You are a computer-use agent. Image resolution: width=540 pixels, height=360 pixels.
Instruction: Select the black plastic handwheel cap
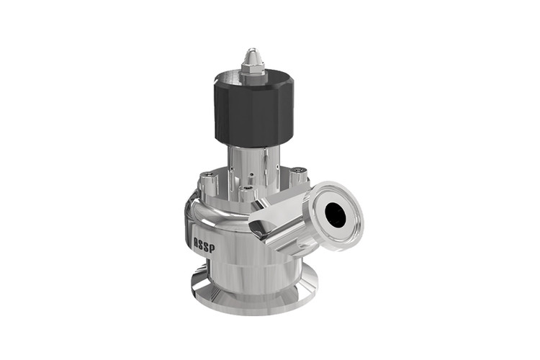(253, 109)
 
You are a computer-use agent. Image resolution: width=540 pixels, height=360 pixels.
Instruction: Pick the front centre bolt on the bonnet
(248, 193)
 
